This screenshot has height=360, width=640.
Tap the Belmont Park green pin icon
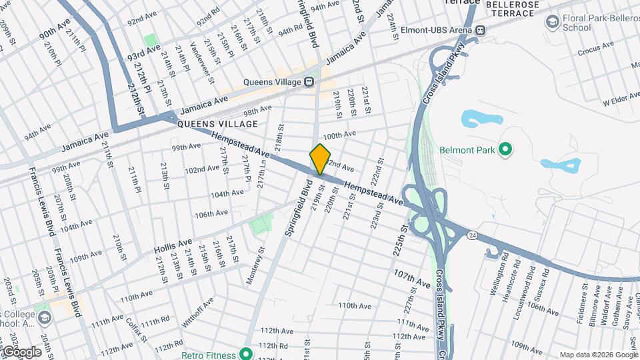click(505, 149)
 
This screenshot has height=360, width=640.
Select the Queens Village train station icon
click(309, 81)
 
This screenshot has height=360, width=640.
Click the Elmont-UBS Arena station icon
click(479, 29)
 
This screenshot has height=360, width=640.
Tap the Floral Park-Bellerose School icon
click(551, 23)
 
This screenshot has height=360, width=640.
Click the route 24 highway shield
click(472, 235)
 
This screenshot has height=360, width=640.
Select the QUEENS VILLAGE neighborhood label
click(217, 124)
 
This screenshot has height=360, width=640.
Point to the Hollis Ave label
click(173, 245)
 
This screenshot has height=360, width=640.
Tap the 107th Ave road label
click(412, 278)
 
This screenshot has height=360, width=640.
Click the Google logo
click(21, 351)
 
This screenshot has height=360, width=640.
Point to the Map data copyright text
click(599, 355)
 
